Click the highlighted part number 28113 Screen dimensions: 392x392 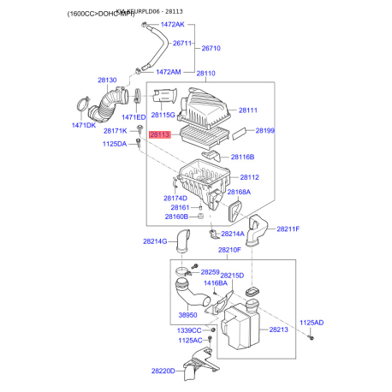[x=160, y=134]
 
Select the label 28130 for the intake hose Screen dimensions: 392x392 [x=107, y=80]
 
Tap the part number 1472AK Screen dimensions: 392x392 [x=169, y=26]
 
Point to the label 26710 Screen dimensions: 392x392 [x=211, y=49]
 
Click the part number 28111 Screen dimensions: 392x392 [x=248, y=110]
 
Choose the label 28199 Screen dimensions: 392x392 [x=264, y=131]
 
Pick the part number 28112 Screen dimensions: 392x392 [x=248, y=177]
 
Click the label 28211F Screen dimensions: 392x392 [x=288, y=229]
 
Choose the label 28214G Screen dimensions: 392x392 [x=155, y=242]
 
